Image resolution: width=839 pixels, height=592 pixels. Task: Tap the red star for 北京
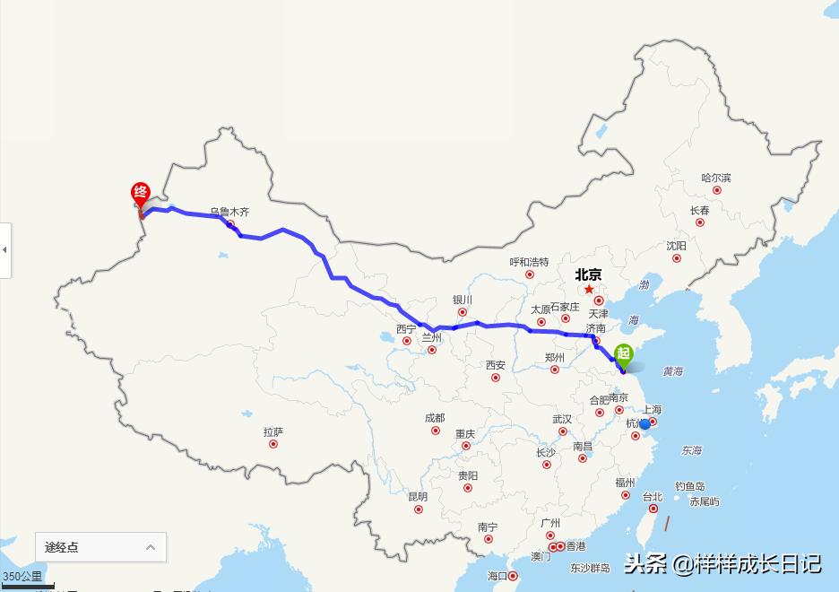(x=589, y=289)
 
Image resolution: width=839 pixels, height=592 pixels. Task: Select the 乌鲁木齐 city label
(x=229, y=213)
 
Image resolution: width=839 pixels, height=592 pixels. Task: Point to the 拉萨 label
(x=273, y=431)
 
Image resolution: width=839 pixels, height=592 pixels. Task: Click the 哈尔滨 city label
(x=716, y=178)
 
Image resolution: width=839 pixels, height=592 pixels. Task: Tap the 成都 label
(x=435, y=418)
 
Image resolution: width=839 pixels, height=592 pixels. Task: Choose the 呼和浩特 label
(x=529, y=262)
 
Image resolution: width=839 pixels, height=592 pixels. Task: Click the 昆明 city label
(x=418, y=497)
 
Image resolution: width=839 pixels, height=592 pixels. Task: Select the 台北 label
(x=652, y=497)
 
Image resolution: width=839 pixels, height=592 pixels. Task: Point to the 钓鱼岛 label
(x=690, y=486)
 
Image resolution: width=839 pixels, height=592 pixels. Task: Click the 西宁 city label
(x=406, y=329)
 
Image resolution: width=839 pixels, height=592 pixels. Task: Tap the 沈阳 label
(x=677, y=246)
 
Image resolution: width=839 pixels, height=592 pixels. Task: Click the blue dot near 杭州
(x=644, y=423)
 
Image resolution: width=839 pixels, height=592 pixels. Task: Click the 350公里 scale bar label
(x=22, y=576)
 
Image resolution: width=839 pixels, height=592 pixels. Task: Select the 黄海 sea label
(x=672, y=370)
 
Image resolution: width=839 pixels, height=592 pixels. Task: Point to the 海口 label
(x=497, y=575)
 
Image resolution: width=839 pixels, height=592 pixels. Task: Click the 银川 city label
(x=463, y=300)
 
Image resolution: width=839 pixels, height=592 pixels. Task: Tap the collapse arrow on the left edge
(x=4, y=249)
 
